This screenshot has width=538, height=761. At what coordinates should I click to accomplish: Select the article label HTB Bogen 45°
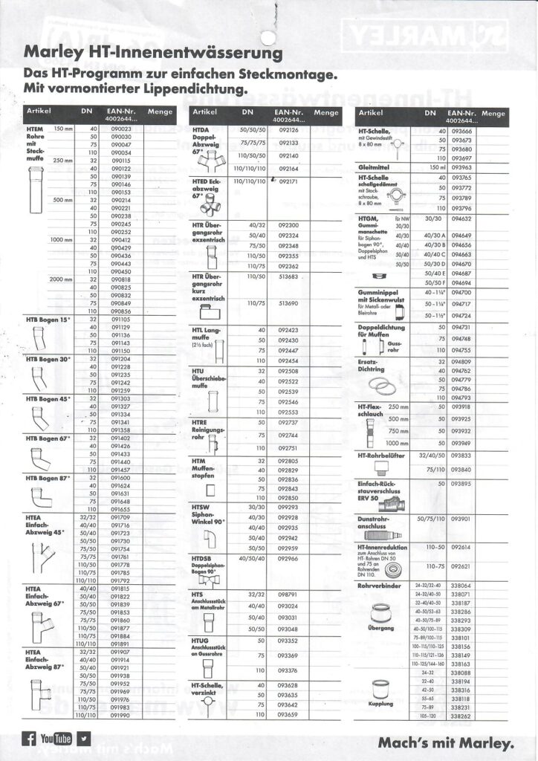[48, 399]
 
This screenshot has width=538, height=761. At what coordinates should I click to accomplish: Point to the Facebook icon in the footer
[29, 739]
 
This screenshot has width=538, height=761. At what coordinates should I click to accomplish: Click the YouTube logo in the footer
[56, 739]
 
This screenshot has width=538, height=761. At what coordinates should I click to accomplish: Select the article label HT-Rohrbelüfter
[384, 455]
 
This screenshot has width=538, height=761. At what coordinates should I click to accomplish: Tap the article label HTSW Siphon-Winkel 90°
[208, 514]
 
